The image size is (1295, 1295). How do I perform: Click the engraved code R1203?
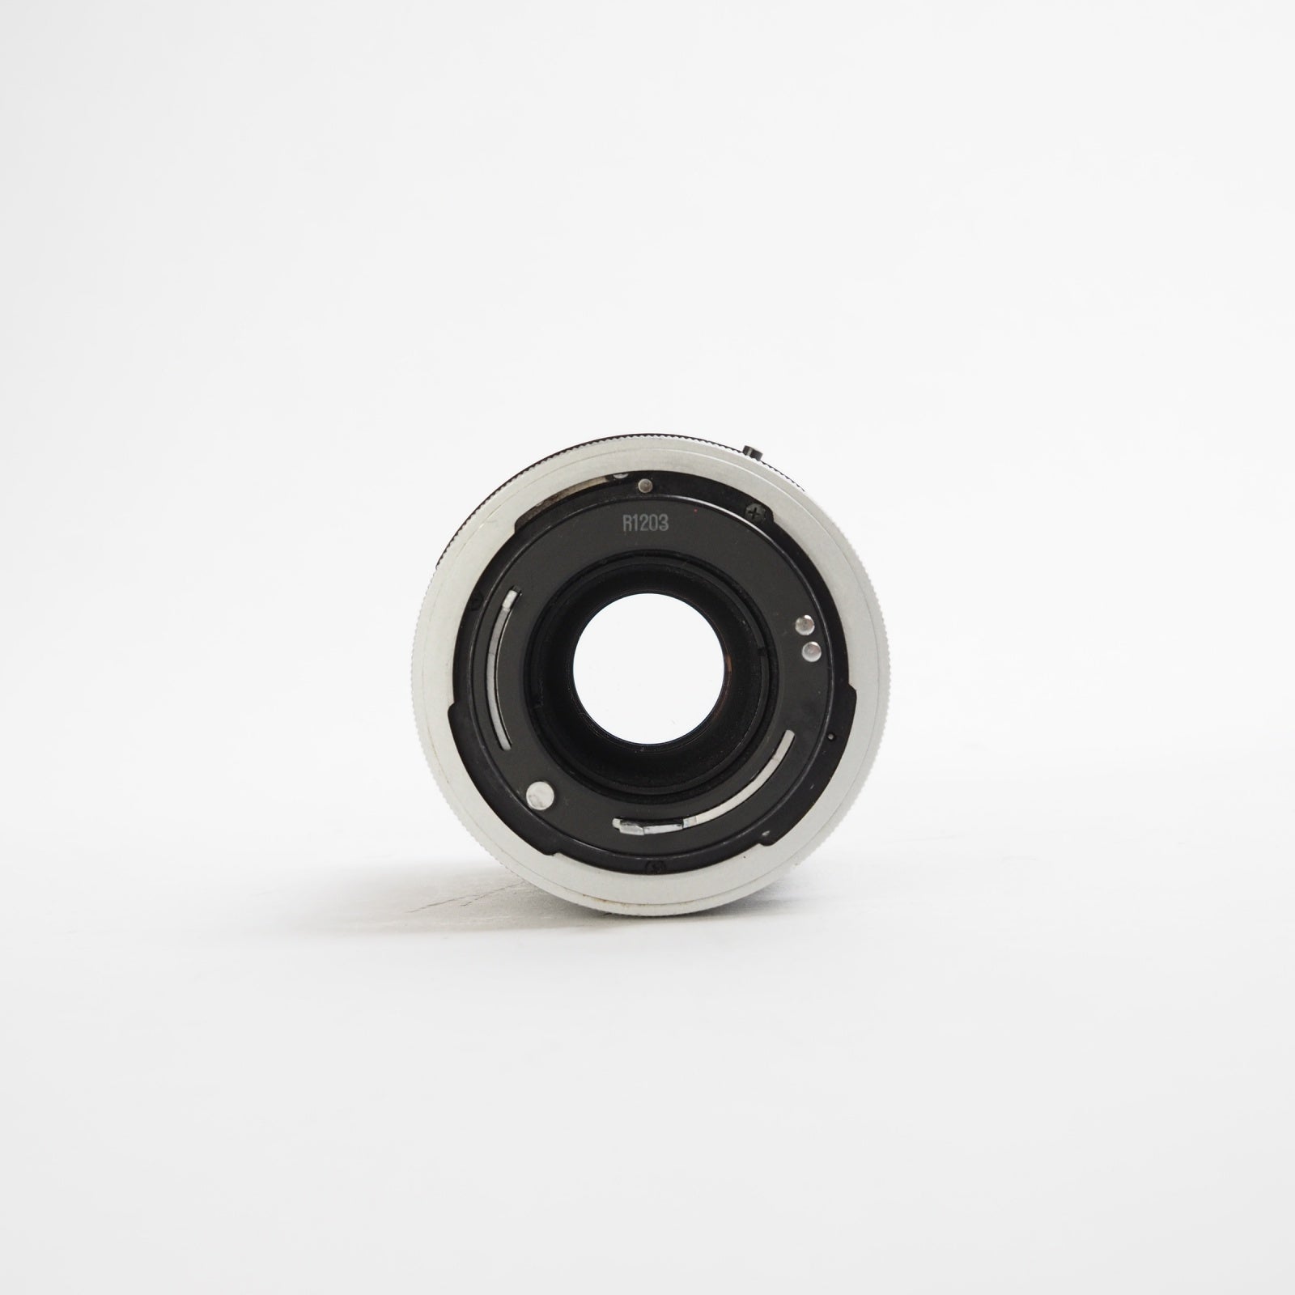(x=644, y=524)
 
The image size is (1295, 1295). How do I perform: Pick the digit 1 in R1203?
(x=635, y=524)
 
